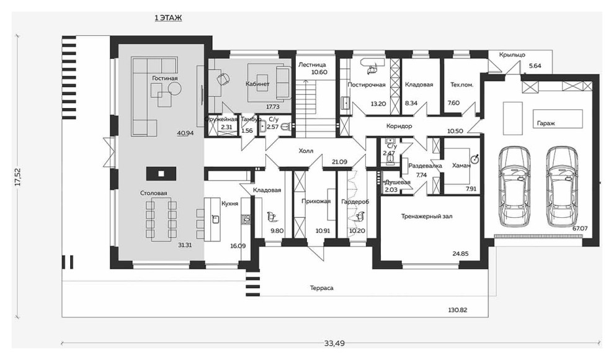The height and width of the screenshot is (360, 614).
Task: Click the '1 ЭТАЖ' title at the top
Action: (168, 18)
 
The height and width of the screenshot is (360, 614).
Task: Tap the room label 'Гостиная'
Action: (165, 78)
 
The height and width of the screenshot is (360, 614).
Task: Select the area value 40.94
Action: (185, 133)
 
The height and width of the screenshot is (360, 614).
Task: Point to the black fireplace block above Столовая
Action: (161, 173)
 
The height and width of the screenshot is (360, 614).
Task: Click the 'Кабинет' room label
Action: (257, 84)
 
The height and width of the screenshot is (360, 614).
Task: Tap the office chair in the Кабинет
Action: (223, 79)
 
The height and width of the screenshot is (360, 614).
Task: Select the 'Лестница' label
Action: (312, 65)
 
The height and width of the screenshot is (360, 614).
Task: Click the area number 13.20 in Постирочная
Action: (378, 104)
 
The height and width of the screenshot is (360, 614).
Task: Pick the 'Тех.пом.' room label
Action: (462, 84)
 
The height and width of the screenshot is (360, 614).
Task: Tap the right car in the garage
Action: (562, 186)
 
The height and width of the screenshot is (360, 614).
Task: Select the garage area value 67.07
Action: (580, 228)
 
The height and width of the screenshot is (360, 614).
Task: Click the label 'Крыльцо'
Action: (512, 55)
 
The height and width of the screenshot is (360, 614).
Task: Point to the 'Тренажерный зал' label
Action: (427, 216)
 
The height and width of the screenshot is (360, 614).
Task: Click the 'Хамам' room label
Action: (461, 166)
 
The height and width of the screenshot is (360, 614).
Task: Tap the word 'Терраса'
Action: (321, 288)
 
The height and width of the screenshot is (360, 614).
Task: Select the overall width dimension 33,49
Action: (334, 343)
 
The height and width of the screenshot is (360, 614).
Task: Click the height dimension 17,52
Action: (18, 178)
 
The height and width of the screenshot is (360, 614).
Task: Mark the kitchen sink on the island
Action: (215, 218)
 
